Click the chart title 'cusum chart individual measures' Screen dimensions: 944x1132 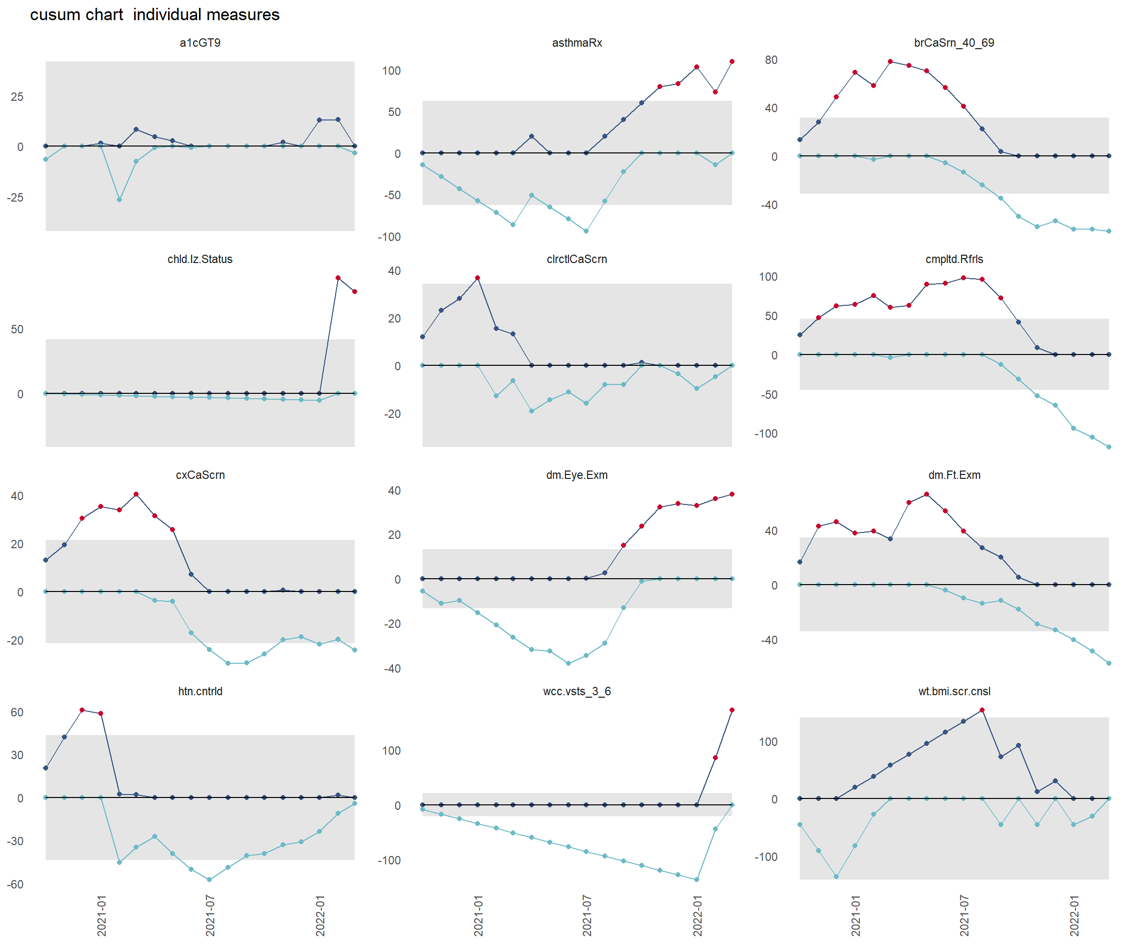[x=155, y=15]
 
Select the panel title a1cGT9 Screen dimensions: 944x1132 [x=200, y=43]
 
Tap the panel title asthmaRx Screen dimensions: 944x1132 [x=577, y=43]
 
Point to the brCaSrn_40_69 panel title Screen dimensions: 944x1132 [x=954, y=43]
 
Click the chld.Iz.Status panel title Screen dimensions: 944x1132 [x=200, y=259]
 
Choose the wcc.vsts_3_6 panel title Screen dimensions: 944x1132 [x=577, y=691]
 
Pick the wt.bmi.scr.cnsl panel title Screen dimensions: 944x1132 [x=954, y=691]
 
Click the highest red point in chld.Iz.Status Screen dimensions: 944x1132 [x=338, y=278]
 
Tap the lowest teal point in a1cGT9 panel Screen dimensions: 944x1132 [x=119, y=200]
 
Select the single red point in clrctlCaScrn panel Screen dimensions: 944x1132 [x=478, y=278]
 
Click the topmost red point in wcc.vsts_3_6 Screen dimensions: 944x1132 [x=732, y=710]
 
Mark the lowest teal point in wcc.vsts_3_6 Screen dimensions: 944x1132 [x=697, y=880]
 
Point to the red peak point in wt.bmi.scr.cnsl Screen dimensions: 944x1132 [x=982, y=710]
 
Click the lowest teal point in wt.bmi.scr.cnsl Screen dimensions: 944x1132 [x=836, y=877]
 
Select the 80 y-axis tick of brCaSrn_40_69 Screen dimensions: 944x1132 [x=771, y=60]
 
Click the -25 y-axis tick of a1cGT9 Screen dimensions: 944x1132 [x=15, y=198]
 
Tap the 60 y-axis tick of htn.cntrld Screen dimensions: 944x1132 [x=17, y=712]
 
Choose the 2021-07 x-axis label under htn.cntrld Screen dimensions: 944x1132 [x=210, y=915]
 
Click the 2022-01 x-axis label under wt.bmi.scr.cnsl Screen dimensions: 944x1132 [x=1075, y=915]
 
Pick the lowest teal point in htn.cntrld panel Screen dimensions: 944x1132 [x=209, y=880]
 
